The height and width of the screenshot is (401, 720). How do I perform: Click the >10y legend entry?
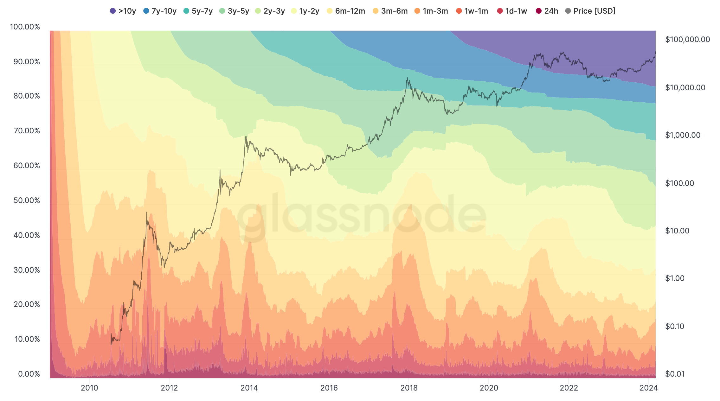coord(123,11)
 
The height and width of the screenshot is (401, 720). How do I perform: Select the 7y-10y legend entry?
coord(160,11)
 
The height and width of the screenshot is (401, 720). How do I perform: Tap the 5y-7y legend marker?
coord(186,11)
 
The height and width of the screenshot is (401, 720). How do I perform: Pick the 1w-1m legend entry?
coord(472,11)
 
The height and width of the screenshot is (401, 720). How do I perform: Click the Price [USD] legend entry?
coord(590,11)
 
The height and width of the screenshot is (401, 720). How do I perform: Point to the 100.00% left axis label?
coord(25,27)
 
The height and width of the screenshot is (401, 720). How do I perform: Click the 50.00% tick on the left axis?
coord(27,200)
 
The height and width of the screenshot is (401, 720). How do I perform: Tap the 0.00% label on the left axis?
coord(29,374)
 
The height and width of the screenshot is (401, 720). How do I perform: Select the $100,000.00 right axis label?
coord(687,40)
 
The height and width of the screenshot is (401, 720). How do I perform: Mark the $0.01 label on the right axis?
coord(675,374)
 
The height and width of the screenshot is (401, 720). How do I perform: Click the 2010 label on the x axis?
coord(89,388)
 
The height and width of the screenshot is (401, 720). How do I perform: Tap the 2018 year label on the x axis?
coord(409,388)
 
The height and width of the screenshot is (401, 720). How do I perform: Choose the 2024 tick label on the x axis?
coord(648,388)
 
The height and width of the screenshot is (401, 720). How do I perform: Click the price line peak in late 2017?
coord(407,78)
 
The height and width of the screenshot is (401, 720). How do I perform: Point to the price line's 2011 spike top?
coord(146,213)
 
